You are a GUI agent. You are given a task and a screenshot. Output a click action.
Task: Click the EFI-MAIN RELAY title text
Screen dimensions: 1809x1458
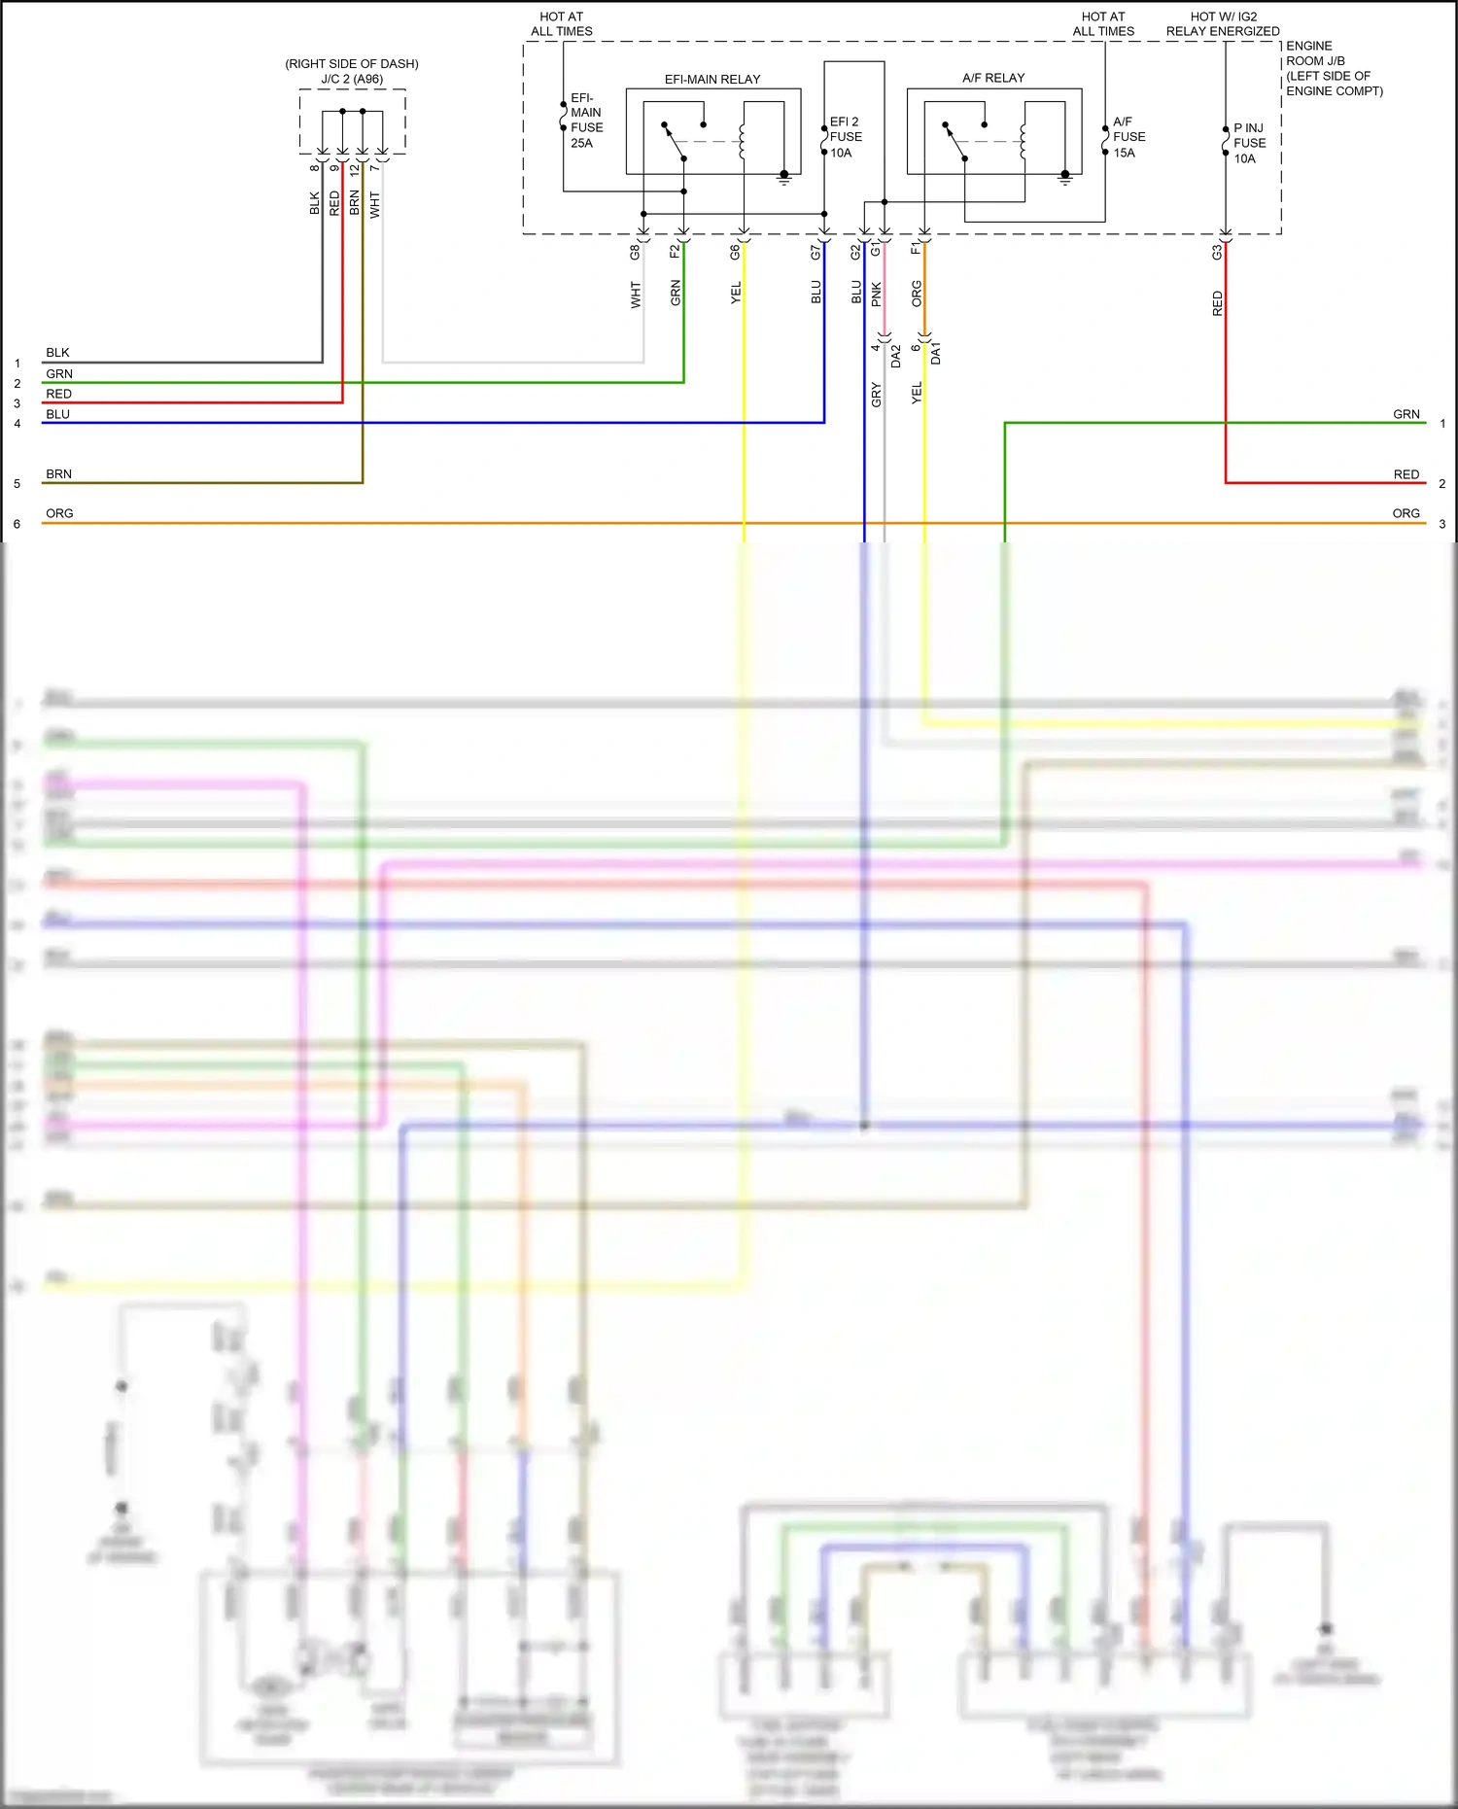712,80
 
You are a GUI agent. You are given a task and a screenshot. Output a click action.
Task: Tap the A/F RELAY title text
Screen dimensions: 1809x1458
992,78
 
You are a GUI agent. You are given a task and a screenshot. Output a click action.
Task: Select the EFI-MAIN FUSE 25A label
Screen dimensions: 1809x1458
585,121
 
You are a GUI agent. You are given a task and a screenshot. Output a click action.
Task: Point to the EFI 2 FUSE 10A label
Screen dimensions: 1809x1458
845,137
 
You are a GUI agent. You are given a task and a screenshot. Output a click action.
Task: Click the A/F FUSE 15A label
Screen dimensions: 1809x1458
1128,137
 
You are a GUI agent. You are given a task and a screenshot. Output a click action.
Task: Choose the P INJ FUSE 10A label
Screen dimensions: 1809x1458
1248,143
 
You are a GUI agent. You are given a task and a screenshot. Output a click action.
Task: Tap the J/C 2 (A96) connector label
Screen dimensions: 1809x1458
351,79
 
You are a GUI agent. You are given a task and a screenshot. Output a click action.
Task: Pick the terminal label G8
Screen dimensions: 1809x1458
635,252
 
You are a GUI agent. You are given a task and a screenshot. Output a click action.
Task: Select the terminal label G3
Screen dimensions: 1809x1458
1216,252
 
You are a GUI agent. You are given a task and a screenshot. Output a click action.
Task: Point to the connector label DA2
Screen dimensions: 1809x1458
895,356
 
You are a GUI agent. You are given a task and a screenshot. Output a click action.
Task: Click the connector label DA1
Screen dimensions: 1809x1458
935,353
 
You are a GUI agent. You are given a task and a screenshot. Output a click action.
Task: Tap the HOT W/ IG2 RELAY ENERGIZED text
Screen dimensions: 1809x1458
1223,24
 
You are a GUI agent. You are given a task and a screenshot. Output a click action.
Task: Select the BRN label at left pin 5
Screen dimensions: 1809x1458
58,474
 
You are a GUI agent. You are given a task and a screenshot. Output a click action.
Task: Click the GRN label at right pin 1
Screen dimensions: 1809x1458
1406,414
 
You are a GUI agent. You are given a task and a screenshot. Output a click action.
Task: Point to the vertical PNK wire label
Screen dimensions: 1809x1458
876,295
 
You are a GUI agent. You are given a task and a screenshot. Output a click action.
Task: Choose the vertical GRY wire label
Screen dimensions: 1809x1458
876,395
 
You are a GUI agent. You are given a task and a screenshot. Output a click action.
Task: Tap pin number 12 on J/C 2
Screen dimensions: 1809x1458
355,168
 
